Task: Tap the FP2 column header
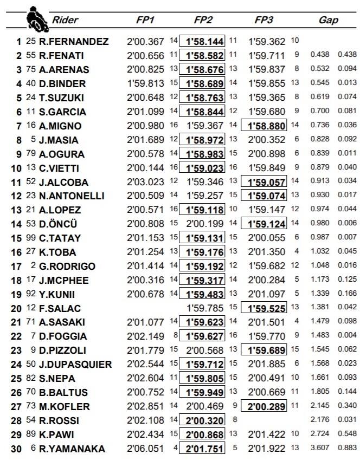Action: (x=203, y=21)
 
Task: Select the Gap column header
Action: (x=329, y=21)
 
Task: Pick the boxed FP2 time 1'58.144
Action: (x=203, y=42)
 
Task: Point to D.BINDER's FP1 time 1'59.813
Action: (x=145, y=83)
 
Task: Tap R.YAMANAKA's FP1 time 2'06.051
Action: (x=145, y=449)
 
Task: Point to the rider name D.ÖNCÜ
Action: (x=68, y=224)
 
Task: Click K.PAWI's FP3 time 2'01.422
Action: (x=267, y=435)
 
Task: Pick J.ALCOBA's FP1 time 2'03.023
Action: (x=145, y=182)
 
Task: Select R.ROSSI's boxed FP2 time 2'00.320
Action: (x=203, y=421)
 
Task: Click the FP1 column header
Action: (x=145, y=21)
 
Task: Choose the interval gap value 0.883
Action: (x=346, y=449)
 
